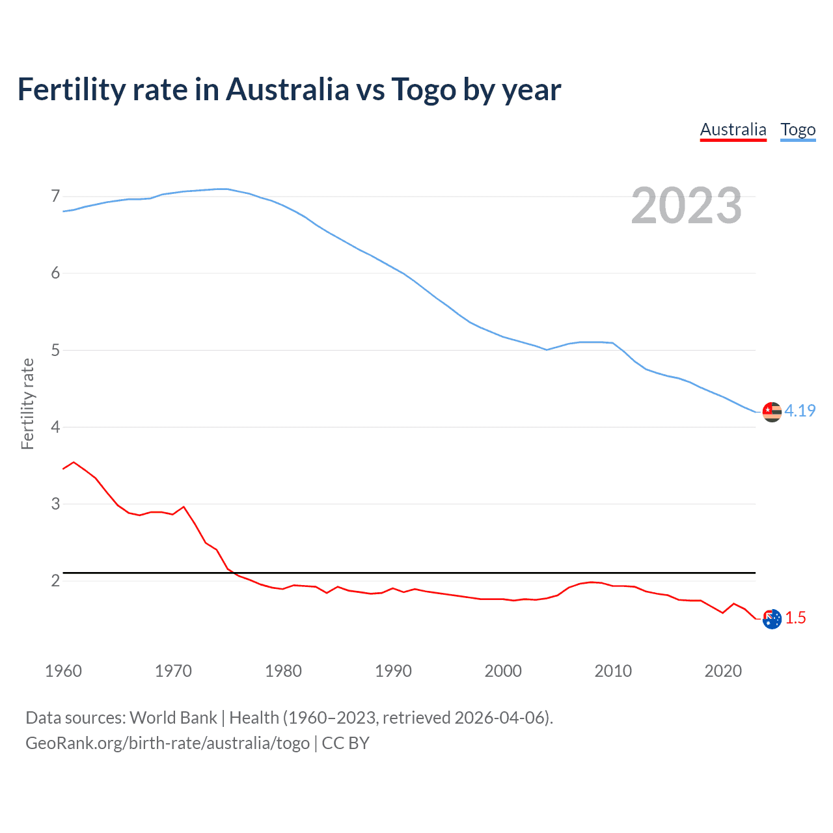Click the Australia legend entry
(733, 130)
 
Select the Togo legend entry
(798, 130)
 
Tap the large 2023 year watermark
(686, 206)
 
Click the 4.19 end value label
(800, 411)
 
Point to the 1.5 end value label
(795, 618)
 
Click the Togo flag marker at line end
(772, 412)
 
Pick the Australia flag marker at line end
(772, 619)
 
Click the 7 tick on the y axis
(55, 196)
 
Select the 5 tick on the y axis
(55, 350)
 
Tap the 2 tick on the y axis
(55, 580)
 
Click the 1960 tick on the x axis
(63, 671)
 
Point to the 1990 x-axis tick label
(393, 671)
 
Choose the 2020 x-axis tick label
(723, 671)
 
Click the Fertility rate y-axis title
(27, 403)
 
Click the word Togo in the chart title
(423, 90)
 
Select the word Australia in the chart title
(287, 90)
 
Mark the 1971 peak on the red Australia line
(184, 506)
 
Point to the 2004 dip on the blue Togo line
(547, 349)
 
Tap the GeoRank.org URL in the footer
(167, 743)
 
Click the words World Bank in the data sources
(173, 717)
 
